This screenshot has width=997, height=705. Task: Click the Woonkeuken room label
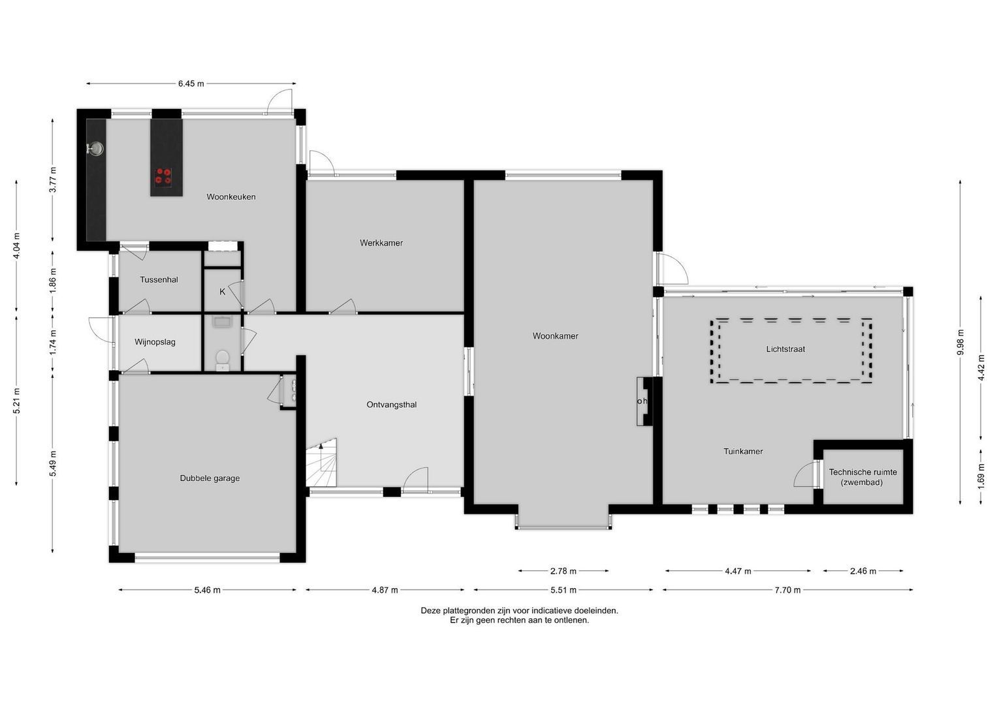point(231,196)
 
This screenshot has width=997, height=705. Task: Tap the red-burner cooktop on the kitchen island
point(163,176)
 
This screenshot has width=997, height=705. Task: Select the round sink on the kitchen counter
point(97,149)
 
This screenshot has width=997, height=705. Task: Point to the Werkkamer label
point(381,243)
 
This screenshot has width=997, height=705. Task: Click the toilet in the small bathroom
point(222,358)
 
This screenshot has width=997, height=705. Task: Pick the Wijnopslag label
point(155,341)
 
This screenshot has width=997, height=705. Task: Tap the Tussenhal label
point(159,279)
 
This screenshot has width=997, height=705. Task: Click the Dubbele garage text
point(210,478)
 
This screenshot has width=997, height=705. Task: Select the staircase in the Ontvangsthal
point(323,463)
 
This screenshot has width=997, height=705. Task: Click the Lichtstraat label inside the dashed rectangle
point(785,349)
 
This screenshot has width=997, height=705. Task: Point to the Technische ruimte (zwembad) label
point(862,477)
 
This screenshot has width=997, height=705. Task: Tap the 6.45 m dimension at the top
point(191,84)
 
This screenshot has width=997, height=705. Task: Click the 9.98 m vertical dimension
point(960,342)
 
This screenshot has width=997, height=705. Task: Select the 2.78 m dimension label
point(563,571)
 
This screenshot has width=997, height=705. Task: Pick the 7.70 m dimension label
point(787,590)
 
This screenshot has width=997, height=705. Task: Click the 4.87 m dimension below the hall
point(385,590)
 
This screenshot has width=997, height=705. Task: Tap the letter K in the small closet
point(222,292)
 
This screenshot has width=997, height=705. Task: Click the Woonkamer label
point(555,336)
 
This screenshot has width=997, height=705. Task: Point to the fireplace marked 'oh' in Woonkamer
point(643,401)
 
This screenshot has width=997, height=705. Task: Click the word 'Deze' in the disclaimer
point(430,610)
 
